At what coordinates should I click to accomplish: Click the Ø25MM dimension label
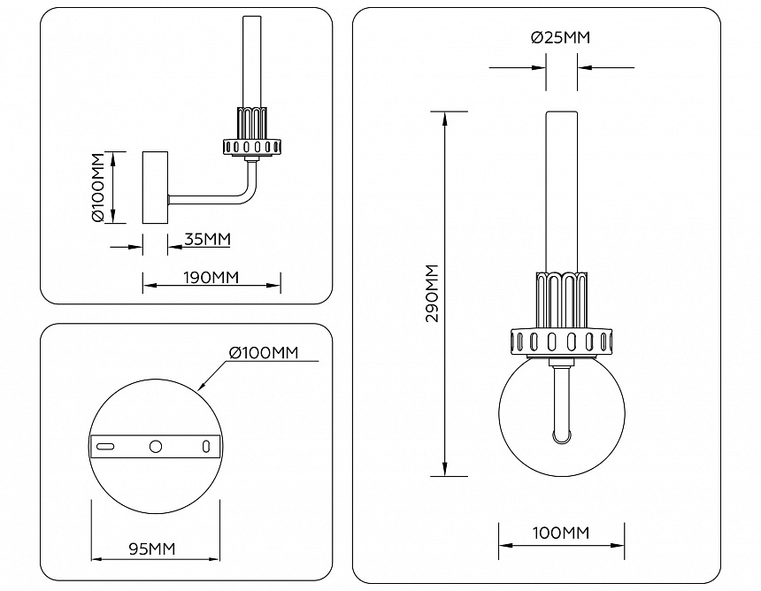point(561,38)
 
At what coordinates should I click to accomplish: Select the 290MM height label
point(432,293)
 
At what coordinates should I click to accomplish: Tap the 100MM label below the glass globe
point(561,533)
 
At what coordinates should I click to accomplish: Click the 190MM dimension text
point(211,277)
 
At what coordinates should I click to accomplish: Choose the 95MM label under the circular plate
point(151,549)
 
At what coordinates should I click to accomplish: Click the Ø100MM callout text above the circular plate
point(263,353)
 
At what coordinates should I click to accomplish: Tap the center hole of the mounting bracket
point(156,447)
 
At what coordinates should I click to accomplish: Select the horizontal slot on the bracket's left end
point(106,447)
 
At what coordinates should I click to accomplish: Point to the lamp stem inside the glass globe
point(562,403)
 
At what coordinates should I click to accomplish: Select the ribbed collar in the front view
point(561,299)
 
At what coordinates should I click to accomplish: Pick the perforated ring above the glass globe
point(561,342)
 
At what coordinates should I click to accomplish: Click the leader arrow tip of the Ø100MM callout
point(201,390)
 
